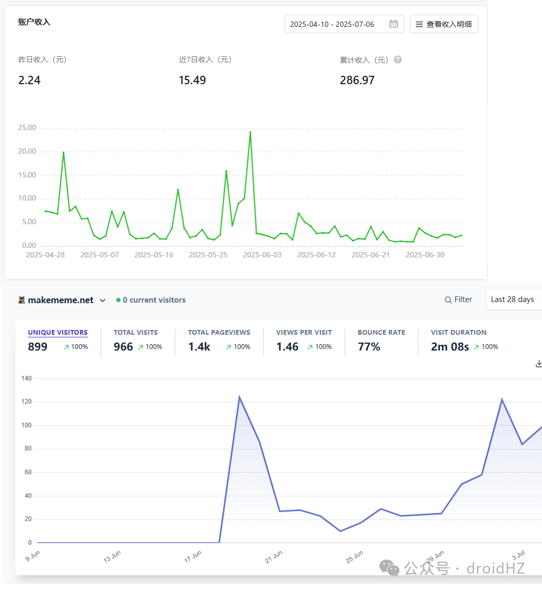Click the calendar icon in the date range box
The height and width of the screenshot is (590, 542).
pos(394,24)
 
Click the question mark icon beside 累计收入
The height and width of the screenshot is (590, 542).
pos(398,59)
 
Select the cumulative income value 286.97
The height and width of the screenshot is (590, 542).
pos(357,80)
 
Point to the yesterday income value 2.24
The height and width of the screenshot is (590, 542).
pos(29,80)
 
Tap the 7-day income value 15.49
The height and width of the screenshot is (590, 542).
pos(192,80)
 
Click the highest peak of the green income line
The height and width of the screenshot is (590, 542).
pos(250,132)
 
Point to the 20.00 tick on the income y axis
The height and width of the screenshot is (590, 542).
pos(27,151)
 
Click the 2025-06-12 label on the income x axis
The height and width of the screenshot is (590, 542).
pos(316,255)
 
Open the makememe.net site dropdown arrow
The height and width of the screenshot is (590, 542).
pos(103,301)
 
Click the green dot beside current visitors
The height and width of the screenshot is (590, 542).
pos(118,300)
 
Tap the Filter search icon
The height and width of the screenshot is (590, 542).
pos(448,300)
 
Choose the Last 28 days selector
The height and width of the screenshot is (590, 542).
pos(513,299)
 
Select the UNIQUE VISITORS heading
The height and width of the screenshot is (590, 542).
pos(58,333)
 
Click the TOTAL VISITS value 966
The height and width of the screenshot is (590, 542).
pos(123,346)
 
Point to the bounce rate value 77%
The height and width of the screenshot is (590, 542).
pos(369,346)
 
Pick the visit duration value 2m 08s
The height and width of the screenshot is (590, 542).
pos(450,346)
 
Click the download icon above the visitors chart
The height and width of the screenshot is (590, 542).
pos(539,364)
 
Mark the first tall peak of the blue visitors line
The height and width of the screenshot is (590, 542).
pos(239,397)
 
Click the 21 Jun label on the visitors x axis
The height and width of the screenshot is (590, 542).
pos(274,557)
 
